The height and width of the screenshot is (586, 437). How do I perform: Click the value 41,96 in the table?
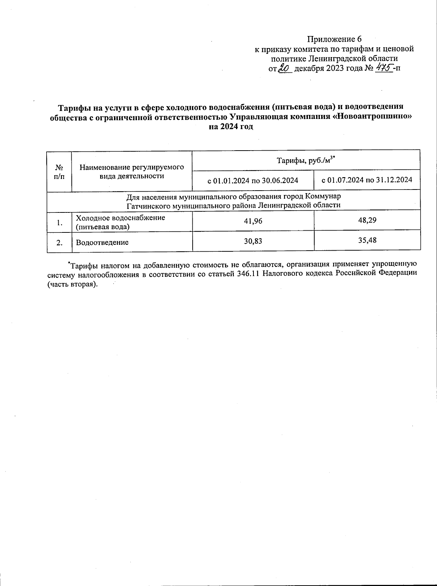[253, 220]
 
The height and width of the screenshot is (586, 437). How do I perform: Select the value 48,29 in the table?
[367, 220]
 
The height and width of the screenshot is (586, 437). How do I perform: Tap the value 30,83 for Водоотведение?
[253, 241]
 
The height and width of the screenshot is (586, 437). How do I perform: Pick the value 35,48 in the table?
[367, 240]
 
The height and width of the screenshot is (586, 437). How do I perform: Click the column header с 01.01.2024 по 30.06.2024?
[253, 180]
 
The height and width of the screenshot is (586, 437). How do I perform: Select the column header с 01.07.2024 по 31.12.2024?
[367, 180]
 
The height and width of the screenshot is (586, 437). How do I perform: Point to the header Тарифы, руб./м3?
[306, 160]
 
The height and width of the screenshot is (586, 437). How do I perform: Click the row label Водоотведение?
[102, 242]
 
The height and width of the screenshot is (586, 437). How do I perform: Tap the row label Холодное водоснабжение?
[121, 218]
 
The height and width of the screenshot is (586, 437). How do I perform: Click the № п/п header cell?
[59, 171]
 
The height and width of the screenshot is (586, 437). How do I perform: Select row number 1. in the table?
[59, 222]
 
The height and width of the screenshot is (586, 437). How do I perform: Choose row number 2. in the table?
[59, 242]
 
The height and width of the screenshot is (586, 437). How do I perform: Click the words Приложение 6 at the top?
[334, 39]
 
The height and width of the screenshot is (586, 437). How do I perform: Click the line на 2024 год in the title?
[231, 127]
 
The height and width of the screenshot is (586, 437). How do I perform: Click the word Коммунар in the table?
[323, 196]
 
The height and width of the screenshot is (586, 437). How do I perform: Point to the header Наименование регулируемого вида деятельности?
[132, 171]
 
